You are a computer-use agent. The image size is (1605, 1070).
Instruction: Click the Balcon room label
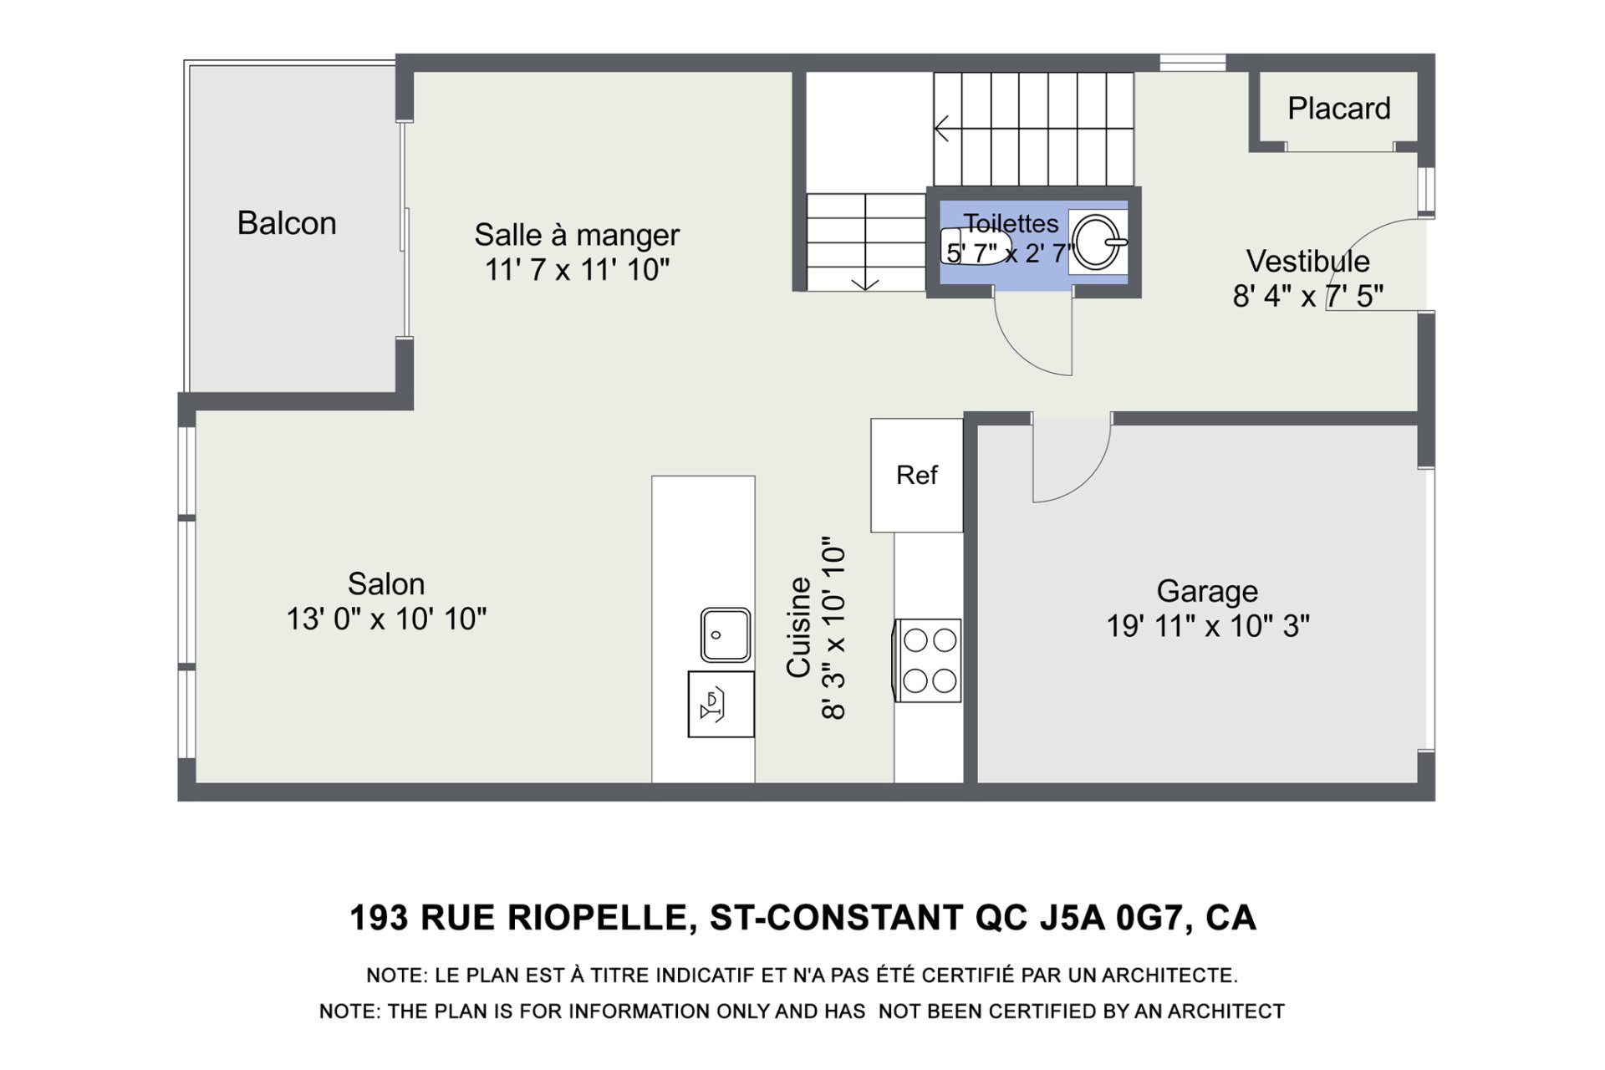pos(287,223)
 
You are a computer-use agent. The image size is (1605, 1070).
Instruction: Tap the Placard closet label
pos(1338,109)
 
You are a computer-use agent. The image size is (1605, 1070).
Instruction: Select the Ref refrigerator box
pos(917,475)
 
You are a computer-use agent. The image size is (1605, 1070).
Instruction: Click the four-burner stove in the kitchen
pos(927,660)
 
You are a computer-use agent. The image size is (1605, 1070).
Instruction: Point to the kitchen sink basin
pos(725,635)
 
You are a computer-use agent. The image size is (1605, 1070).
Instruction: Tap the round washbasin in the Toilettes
pos(1098,242)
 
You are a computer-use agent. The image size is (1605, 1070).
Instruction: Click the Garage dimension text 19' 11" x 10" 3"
pos(1208,626)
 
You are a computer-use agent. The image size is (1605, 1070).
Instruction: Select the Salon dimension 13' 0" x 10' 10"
pos(386,619)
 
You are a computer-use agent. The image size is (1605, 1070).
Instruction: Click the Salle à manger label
pos(577,235)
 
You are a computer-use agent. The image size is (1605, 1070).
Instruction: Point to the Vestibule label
pos(1307,262)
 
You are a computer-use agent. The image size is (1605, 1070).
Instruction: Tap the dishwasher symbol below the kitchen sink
pos(721,704)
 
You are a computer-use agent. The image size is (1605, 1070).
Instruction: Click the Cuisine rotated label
pos(799,627)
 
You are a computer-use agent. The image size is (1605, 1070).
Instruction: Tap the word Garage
pos(1207,592)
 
